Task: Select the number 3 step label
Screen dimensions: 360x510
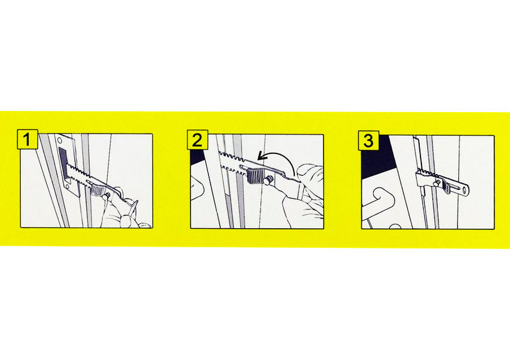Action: tap(369, 140)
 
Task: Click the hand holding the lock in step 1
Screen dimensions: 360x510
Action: tap(121, 211)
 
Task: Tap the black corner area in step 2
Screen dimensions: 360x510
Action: tap(197, 154)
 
